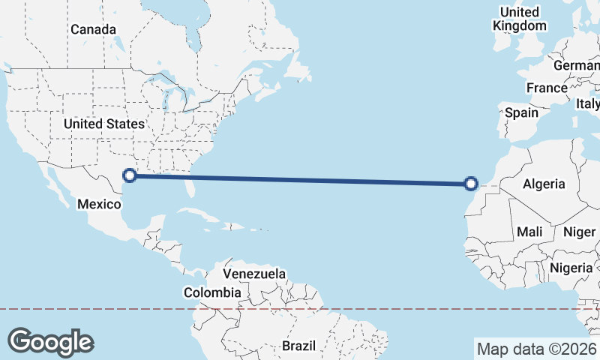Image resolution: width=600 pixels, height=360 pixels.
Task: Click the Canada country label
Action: click(93, 29)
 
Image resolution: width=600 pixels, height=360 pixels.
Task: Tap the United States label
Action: click(103, 124)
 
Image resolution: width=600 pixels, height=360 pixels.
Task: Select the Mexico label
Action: click(100, 204)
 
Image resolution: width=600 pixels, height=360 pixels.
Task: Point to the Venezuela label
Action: click(254, 274)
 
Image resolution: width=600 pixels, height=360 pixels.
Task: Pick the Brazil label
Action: click(300, 346)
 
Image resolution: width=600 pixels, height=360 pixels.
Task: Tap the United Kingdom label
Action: click(520, 19)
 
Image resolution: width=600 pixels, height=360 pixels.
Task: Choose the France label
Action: click(547, 88)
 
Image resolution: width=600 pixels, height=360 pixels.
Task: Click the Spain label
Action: click(521, 112)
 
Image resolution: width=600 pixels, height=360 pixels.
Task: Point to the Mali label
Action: click(529, 232)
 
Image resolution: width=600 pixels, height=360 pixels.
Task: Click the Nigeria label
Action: click(571, 268)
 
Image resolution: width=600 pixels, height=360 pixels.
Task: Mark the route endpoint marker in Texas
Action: click(130, 175)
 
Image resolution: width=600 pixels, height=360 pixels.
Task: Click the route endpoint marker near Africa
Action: click(471, 183)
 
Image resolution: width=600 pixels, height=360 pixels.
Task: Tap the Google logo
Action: click(50, 342)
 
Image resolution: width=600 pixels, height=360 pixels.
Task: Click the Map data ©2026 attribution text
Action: click(536, 349)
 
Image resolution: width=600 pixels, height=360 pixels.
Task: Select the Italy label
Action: click(588, 103)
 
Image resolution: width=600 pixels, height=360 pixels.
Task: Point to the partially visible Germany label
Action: click(577, 65)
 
